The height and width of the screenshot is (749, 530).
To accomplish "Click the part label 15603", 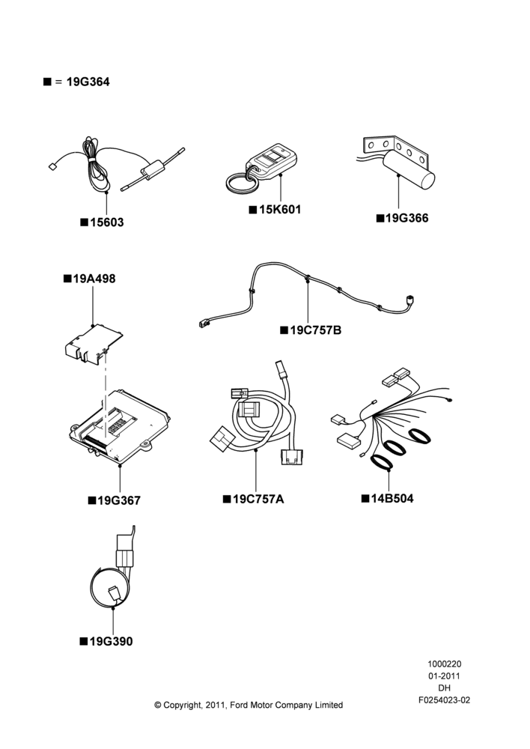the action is coord(107,222).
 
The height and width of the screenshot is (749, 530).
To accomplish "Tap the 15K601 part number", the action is coord(280,210).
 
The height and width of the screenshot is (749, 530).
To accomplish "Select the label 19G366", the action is coord(406,218).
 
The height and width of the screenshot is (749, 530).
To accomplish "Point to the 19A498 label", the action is coord(94,279).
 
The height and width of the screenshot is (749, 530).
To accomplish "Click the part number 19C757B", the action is coord(316,330).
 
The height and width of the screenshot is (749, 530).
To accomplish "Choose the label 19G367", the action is coord(119,500).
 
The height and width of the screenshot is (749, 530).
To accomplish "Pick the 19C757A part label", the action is coord(258,499).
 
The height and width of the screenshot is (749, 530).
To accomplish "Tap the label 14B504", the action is coord(392,499).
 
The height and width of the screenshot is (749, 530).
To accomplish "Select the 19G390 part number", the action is coord(112,642).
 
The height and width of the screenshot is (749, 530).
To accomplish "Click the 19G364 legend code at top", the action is coord(88,82).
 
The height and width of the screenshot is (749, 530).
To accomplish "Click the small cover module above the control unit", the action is coord(94,343).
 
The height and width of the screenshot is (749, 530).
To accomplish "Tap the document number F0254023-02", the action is coord(445,700).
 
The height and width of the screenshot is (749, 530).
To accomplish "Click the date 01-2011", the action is coord(444,676).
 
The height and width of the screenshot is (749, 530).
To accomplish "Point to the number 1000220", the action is coord(444,664).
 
